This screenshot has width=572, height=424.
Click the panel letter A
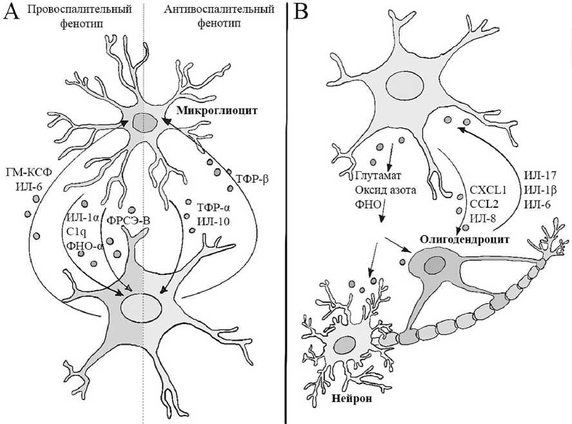(x=12, y=14)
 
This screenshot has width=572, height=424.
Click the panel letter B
(x=301, y=14)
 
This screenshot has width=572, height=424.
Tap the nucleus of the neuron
(x=345, y=345)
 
